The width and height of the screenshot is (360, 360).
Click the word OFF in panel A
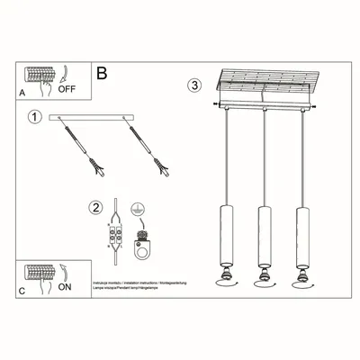click(67, 89)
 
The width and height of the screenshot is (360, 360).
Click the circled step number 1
click(35, 117)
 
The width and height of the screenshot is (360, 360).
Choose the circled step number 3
click(194, 85)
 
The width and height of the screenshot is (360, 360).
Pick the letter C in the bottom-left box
click(22, 290)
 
